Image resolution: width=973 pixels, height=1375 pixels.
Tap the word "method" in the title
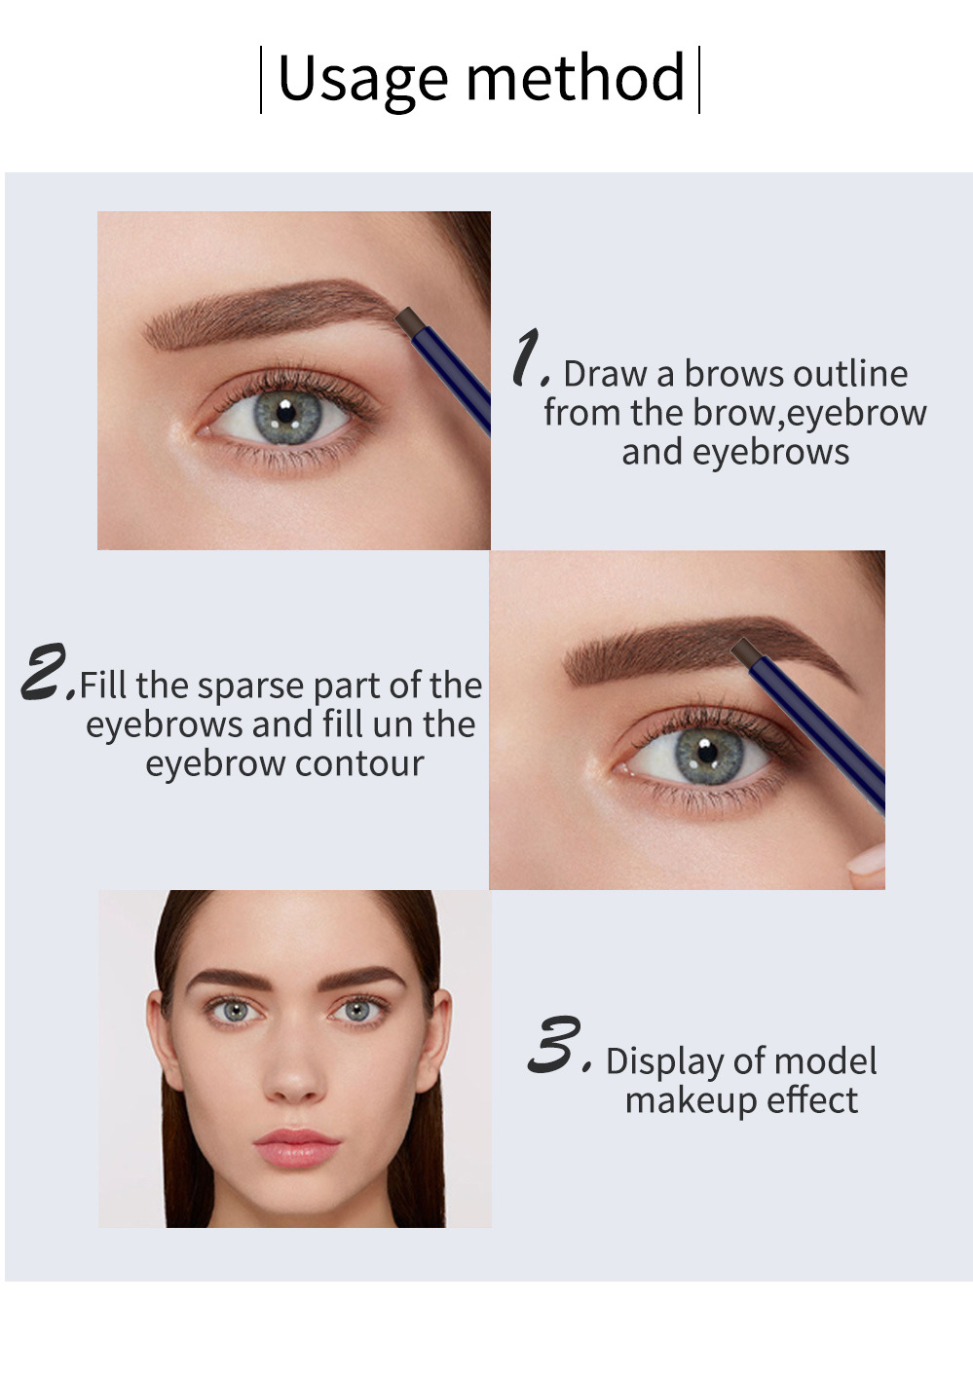pyautogui.click(x=576, y=78)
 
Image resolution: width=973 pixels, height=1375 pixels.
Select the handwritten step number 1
pyautogui.click(x=529, y=357)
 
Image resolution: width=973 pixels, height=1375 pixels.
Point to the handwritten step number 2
pyautogui.click(x=46, y=671)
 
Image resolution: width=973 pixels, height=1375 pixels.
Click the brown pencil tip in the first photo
pyautogui.click(x=409, y=317)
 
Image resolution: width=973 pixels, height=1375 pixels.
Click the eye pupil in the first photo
pyautogui.click(x=285, y=413)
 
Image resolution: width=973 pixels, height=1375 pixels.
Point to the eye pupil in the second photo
pyautogui.click(x=709, y=752)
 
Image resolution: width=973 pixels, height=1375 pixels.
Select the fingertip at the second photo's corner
pyautogui.click(x=866, y=864)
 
